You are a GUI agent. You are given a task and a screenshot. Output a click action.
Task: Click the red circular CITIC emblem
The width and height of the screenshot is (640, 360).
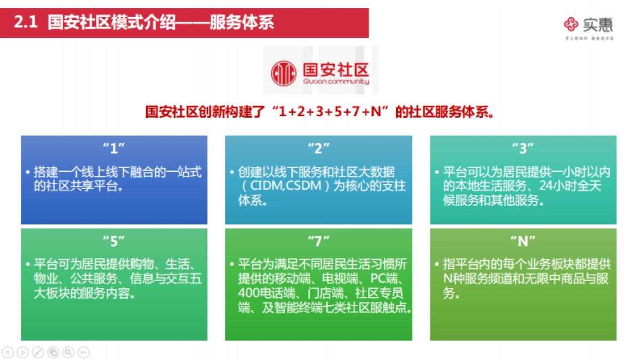click(284, 73)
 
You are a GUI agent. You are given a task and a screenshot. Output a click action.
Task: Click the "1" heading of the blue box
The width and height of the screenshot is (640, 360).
click(114, 147)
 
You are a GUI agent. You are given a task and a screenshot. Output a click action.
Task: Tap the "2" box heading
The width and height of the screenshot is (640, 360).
click(318, 147)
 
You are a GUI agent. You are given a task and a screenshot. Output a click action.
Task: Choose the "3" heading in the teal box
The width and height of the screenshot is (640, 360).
click(523, 147)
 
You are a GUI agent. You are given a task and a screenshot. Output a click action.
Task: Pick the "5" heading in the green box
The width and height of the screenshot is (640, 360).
click(114, 241)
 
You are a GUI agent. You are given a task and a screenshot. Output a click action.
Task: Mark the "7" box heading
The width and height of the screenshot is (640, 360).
click(318, 241)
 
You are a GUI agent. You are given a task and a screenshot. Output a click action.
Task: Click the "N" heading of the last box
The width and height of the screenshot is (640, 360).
click(523, 241)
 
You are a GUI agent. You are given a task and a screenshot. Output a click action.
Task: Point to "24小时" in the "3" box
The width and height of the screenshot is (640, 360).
click(556, 186)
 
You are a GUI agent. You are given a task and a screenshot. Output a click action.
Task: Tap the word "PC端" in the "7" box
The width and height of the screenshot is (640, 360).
click(387, 279)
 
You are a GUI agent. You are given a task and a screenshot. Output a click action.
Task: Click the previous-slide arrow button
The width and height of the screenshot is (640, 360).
click(7, 352)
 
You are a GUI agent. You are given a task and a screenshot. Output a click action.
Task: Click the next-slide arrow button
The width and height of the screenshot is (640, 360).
click(22, 352)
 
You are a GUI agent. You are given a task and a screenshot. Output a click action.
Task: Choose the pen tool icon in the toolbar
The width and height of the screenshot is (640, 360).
click(38, 352)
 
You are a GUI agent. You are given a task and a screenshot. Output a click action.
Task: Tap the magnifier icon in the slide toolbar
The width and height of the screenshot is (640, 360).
click(68, 352)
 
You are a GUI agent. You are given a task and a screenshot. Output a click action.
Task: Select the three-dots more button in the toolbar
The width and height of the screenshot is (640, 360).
click(84, 352)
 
